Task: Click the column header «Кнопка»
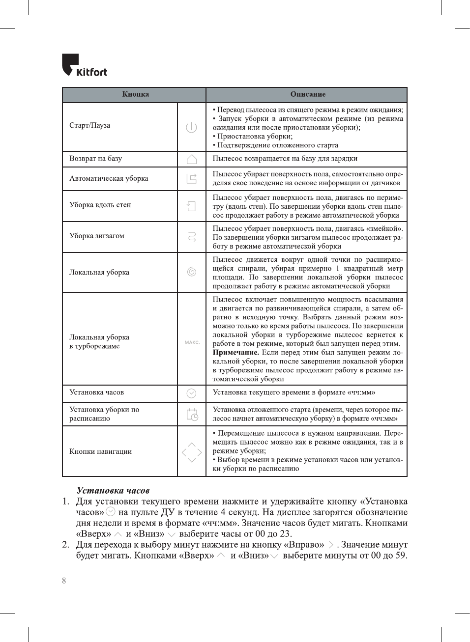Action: coord(135,94)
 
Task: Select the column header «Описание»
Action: coord(308,94)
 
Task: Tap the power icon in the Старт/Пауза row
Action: coord(191,127)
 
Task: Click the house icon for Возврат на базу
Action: coord(192,159)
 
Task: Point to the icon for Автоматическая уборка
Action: coord(191,179)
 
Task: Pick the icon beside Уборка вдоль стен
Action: coord(191,206)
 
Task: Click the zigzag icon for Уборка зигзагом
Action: coord(192,237)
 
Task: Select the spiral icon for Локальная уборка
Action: coord(192,272)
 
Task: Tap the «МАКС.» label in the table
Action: coord(192,342)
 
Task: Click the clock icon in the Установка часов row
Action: coord(192,393)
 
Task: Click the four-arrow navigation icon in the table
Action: coord(192,452)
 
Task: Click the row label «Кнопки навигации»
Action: coord(100,452)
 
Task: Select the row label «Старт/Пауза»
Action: coord(89,126)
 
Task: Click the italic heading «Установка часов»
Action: coord(113,490)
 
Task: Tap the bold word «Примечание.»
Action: coord(235,353)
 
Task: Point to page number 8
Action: coord(64,581)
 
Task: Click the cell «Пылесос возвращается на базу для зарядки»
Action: coord(285,159)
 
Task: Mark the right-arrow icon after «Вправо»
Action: coord(331,545)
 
